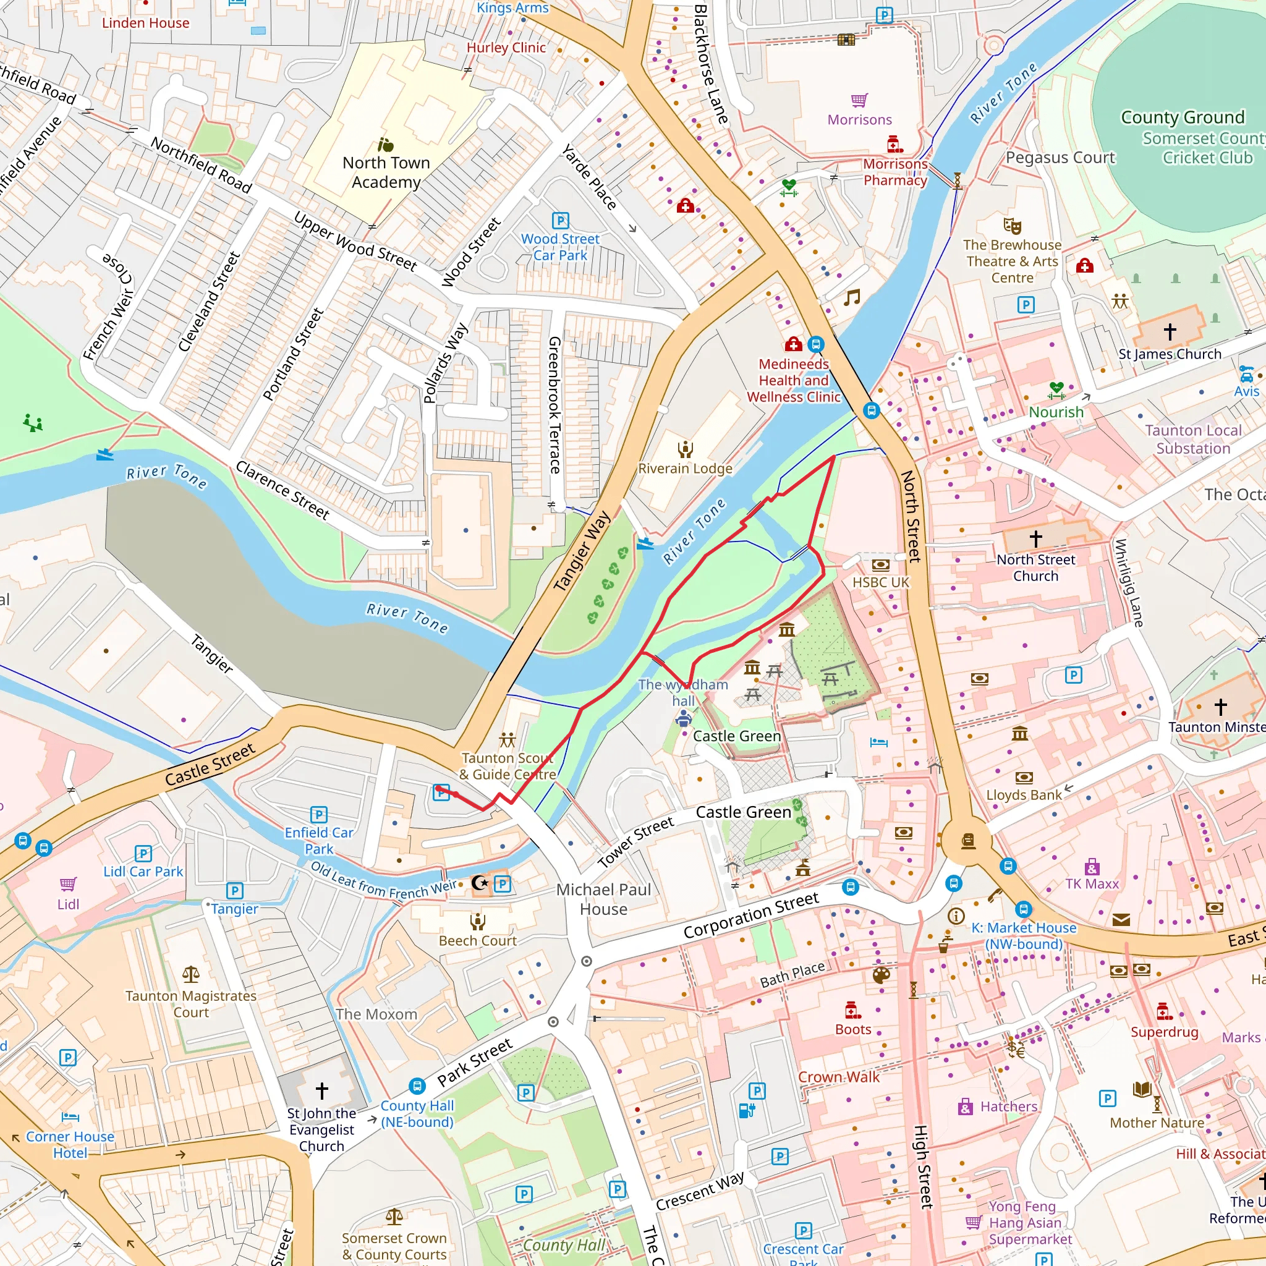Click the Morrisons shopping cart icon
859,100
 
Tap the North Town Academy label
386,172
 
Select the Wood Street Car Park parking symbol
560,220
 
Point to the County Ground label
1182,117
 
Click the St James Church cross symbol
1170,331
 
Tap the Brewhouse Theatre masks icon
1013,226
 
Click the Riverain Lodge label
685,469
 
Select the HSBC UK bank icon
881,565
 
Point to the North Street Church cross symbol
1035,538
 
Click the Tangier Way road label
582,551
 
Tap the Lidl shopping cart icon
68,884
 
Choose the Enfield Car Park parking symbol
318,815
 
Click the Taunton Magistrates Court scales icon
190,974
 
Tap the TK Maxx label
1092,884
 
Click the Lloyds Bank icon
1024,778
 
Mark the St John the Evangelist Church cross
321,1090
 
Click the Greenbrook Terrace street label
554,405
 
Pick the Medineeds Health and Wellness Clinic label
794,380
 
